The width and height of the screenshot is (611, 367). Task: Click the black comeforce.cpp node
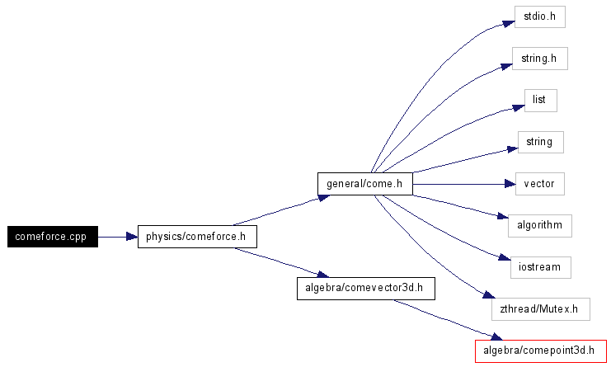coord(52,237)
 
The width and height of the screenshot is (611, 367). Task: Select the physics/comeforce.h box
coord(196,237)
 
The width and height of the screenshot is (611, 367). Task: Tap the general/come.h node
coord(364,184)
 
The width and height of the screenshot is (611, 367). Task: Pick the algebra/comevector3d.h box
coord(364,288)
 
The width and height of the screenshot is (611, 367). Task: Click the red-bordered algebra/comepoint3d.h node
coord(541,351)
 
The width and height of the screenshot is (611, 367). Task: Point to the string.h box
coord(539,59)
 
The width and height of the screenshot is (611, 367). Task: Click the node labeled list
coord(540,101)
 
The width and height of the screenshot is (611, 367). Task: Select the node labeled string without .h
coord(539,142)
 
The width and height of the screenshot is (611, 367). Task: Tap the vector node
coord(539,184)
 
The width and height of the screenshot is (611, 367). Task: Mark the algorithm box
coord(539,225)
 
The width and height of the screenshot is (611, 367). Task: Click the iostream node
coord(539,267)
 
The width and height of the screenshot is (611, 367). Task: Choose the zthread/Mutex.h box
coord(540,309)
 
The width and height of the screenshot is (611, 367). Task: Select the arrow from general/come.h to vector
coord(462,184)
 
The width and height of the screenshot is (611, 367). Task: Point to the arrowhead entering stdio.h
coord(509,22)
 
